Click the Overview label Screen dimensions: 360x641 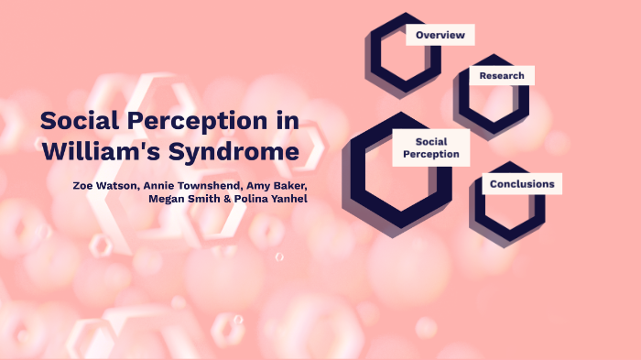click(x=440, y=35)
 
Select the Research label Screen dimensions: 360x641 click(x=502, y=76)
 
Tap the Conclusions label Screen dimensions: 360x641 click(x=522, y=183)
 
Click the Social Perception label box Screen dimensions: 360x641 click(x=431, y=147)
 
